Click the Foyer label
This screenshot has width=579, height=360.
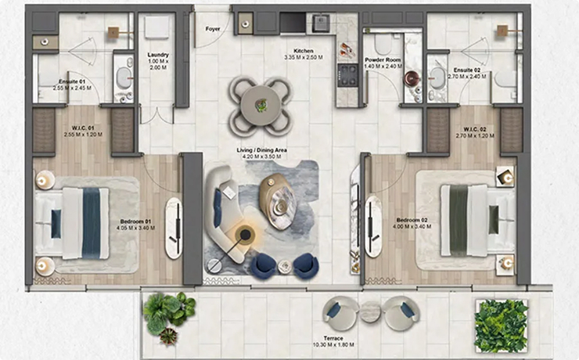pyautogui.click(x=213, y=29)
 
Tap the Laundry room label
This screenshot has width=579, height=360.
pyautogui.click(x=158, y=55)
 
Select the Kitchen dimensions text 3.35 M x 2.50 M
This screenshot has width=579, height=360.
pyautogui.click(x=304, y=57)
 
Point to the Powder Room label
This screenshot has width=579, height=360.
pyautogui.click(x=383, y=59)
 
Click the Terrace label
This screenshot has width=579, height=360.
pyautogui.click(x=333, y=338)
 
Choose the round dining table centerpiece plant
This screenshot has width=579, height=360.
pyautogui.click(x=261, y=106)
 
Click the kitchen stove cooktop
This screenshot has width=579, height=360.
pyautogui.click(x=347, y=75)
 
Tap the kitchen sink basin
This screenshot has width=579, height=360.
pyautogui.click(x=321, y=23)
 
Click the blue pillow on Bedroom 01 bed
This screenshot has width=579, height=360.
pyautogui.click(x=56, y=224)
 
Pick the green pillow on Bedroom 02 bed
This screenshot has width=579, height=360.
pyautogui.click(x=494, y=220)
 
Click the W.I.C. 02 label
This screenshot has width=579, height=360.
pyautogui.click(x=475, y=130)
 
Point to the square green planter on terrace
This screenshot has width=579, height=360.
pyautogui.click(x=502, y=326)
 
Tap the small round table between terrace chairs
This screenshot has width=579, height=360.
pyautogui.click(x=370, y=311)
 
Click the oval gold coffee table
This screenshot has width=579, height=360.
pyautogui.click(x=277, y=202)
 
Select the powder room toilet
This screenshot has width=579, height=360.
pyautogui.click(x=383, y=44)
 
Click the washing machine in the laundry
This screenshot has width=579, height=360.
pyautogui.click(x=157, y=27)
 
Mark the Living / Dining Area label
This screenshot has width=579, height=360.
pyautogui.click(x=262, y=150)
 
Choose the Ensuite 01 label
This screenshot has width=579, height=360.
pyautogui.click(x=72, y=81)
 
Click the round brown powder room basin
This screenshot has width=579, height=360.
pyautogui.click(x=412, y=78)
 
